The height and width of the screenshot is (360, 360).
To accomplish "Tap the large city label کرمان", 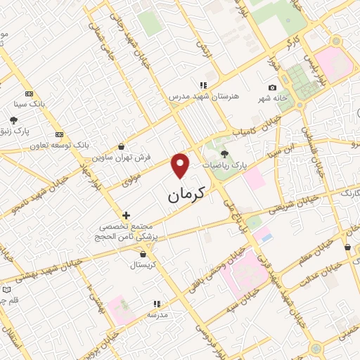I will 191,195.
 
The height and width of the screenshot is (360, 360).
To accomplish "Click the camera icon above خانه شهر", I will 272,87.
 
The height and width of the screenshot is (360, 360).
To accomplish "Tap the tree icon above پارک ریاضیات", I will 224,153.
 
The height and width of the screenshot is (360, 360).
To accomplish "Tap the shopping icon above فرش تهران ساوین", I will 123,147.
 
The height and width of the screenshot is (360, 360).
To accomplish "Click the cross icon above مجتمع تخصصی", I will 126,215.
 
